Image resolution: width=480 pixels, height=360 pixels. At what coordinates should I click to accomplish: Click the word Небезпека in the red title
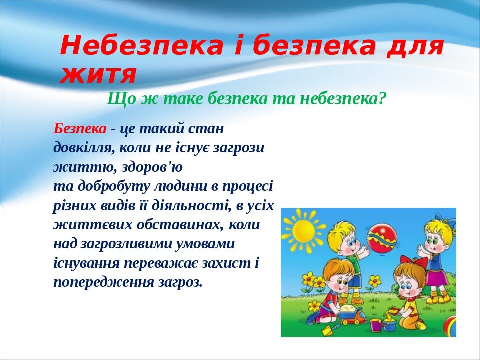click(141, 46)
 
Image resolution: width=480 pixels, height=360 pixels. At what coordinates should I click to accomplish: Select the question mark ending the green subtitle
click(380, 98)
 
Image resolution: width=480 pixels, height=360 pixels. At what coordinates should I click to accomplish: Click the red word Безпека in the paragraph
click(80, 129)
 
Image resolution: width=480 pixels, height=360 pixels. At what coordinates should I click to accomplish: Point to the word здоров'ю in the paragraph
click(152, 167)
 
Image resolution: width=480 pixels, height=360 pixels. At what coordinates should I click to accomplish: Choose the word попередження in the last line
click(104, 282)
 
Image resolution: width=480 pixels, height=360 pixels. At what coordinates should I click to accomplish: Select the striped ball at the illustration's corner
click(450, 326)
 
